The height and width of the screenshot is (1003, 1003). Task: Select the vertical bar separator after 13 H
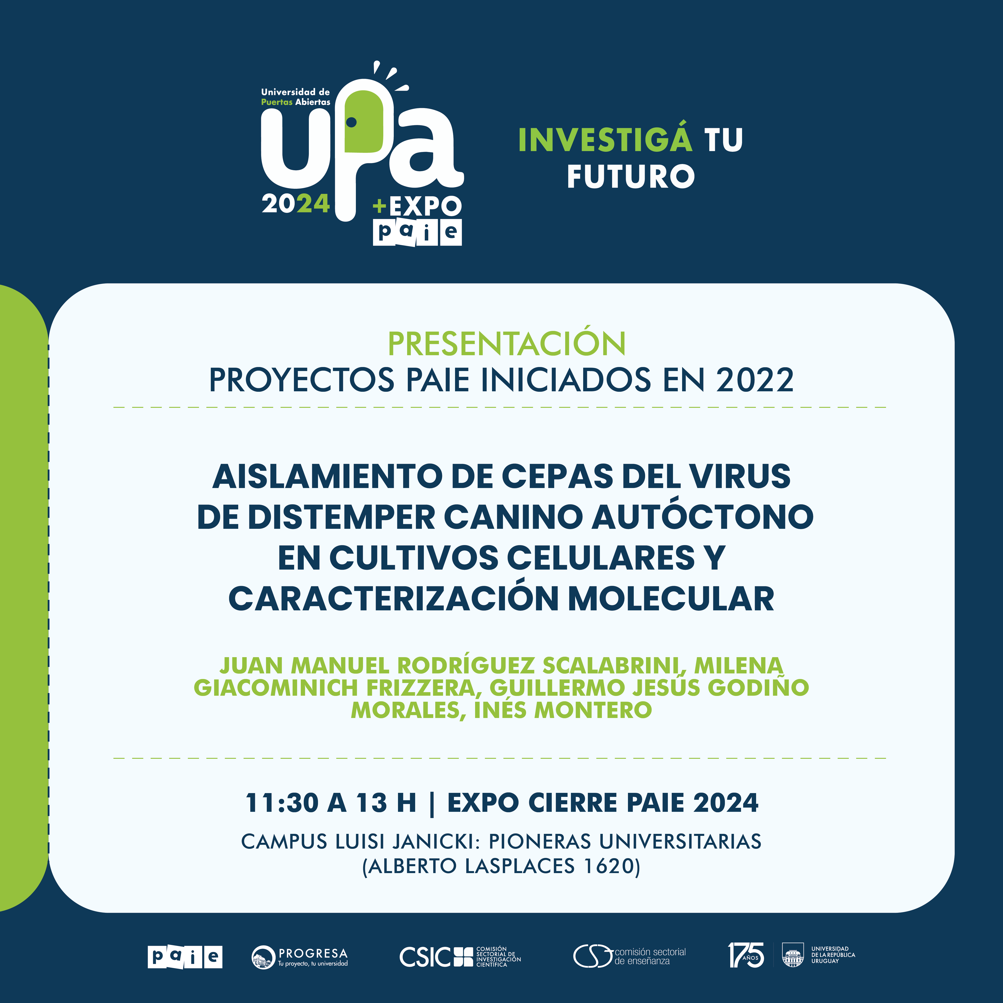[x=433, y=803]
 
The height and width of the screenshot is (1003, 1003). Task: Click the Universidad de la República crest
[x=793, y=955]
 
